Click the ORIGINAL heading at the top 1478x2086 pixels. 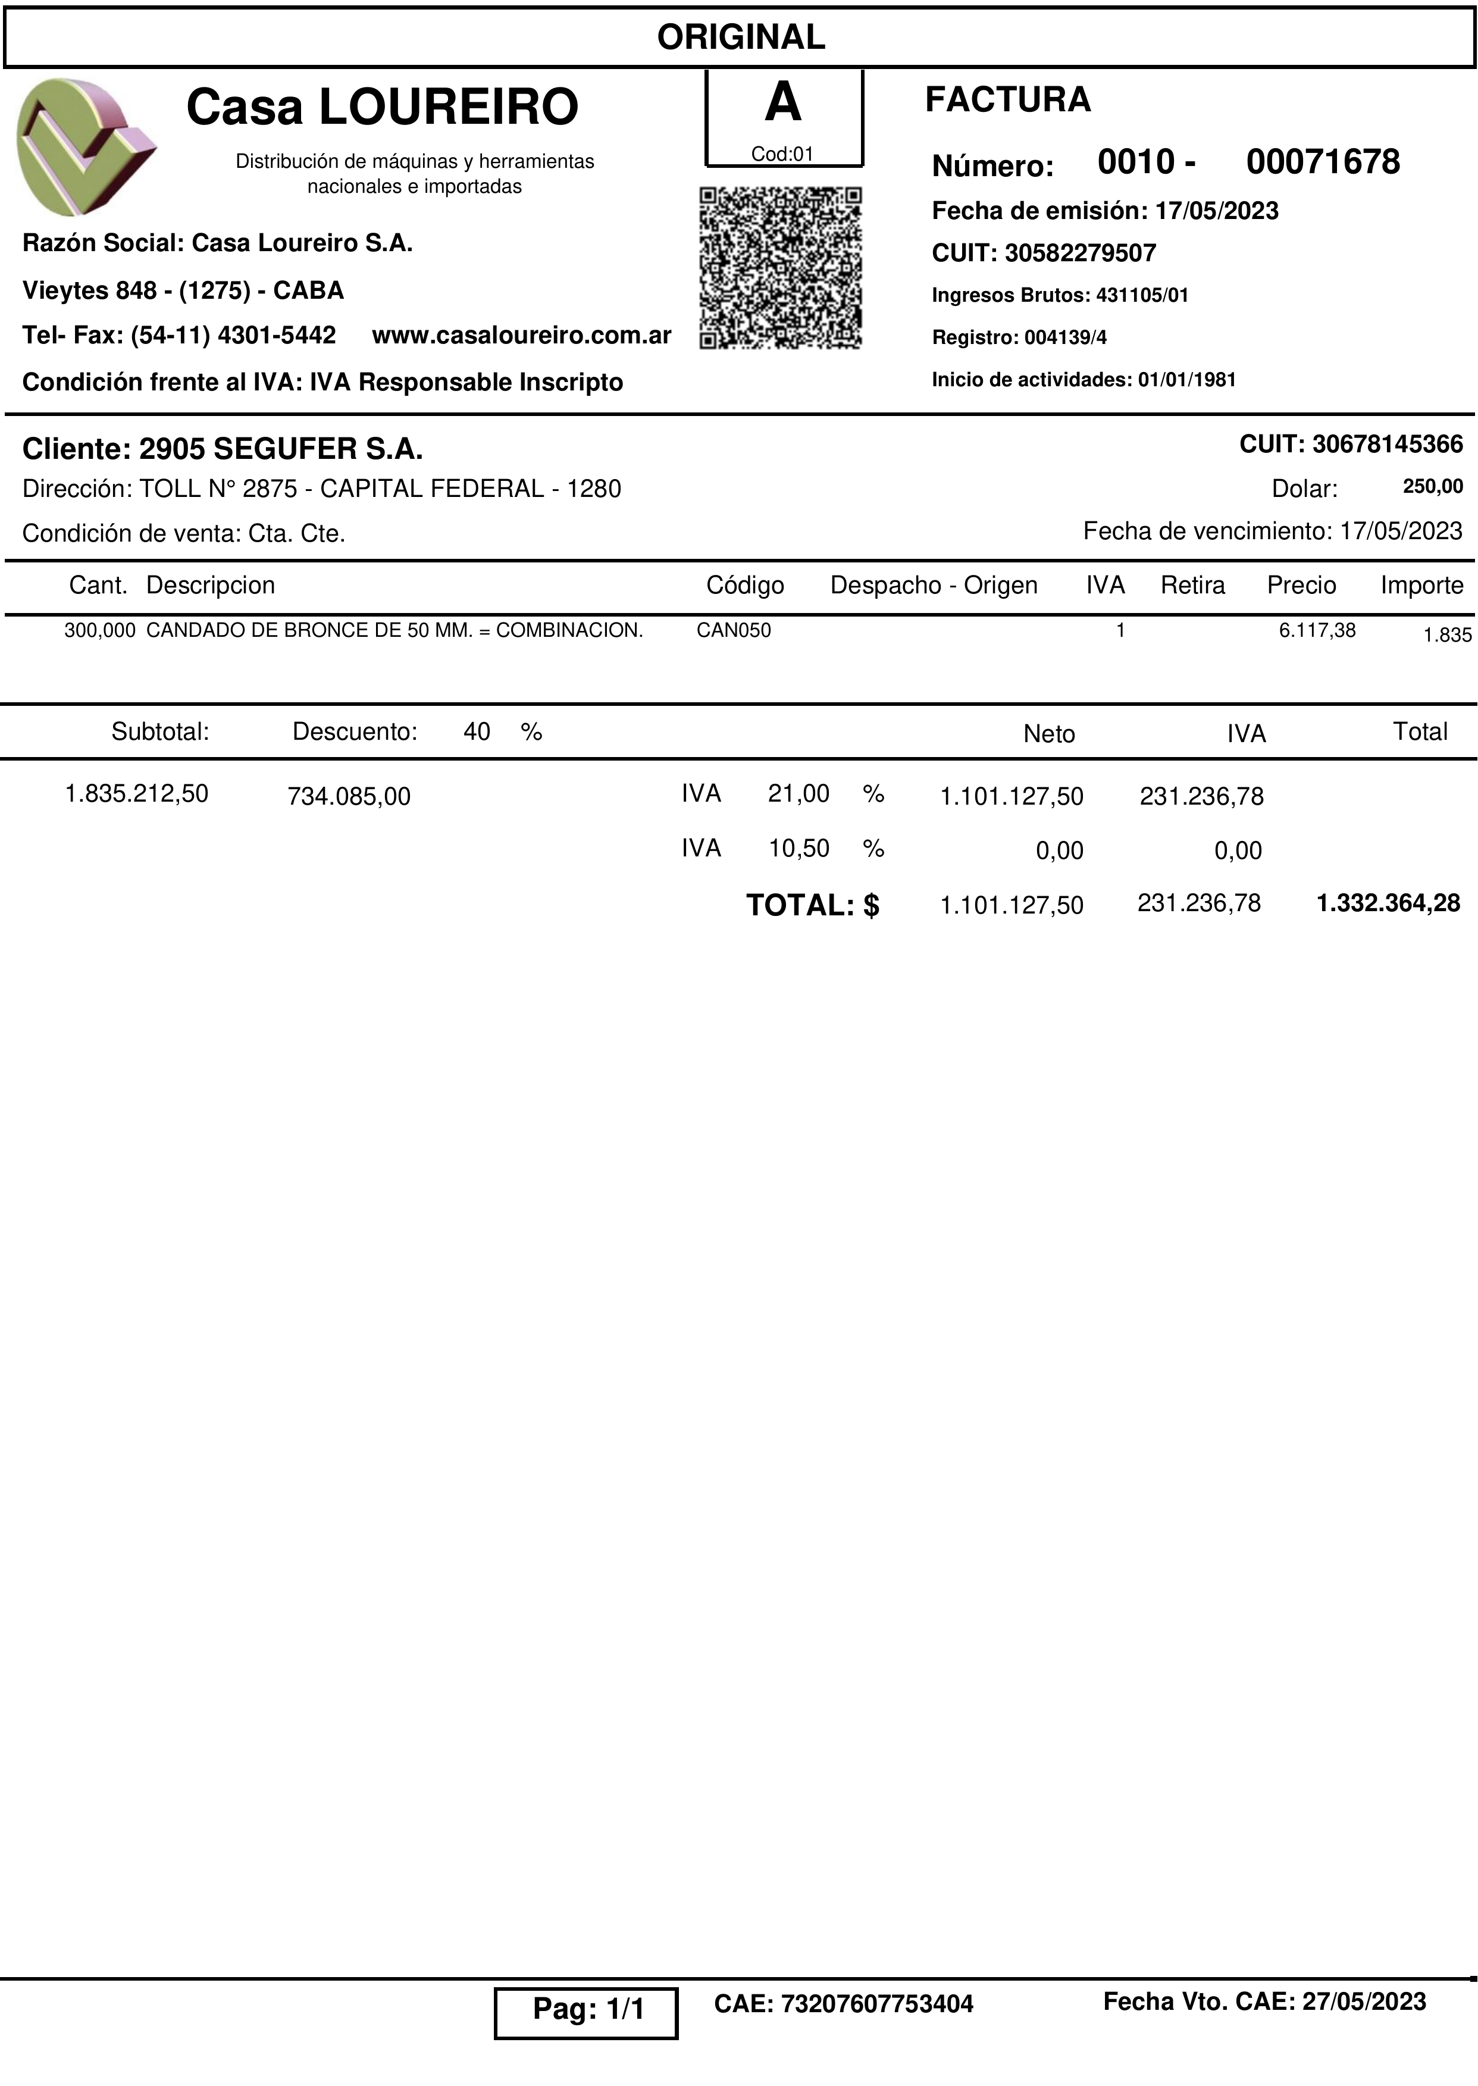point(741,37)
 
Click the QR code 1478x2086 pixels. point(780,268)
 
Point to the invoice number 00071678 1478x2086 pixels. point(1322,162)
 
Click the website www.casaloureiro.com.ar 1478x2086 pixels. point(521,335)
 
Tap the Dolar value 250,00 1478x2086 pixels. point(1433,486)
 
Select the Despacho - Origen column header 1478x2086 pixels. point(934,585)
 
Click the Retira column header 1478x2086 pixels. point(1192,585)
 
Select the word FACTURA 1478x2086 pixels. point(1007,99)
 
